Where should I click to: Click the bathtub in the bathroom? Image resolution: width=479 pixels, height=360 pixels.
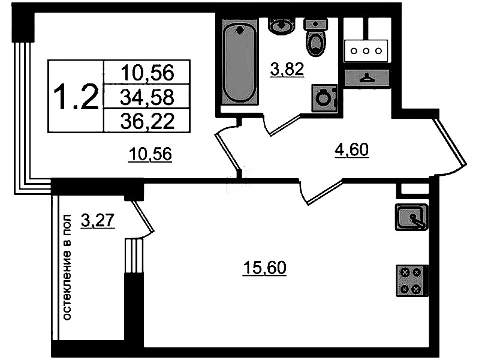[239, 64]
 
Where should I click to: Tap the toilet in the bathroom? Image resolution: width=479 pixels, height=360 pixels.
[316, 37]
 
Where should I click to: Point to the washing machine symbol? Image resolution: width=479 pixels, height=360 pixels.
[324, 98]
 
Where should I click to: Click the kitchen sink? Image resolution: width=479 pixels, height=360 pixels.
[411, 217]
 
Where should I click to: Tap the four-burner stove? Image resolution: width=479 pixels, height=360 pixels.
[412, 281]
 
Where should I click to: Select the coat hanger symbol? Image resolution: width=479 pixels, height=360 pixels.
[367, 77]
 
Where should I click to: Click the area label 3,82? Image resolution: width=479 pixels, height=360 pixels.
[287, 69]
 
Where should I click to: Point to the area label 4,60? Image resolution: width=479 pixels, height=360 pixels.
[352, 150]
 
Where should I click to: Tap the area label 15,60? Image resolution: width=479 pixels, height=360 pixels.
[264, 268]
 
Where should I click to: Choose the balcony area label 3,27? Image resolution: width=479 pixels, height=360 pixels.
[98, 220]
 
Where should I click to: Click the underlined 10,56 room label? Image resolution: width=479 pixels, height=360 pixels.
[150, 154]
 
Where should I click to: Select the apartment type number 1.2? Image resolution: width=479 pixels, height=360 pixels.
[76, 97]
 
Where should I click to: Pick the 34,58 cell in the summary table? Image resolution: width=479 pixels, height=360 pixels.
[147, 97]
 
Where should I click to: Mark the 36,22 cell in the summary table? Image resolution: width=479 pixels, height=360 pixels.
[147, 121]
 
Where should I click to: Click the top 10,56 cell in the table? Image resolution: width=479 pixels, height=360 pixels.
[147, 73]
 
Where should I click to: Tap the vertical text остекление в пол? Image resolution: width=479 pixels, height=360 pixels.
[67, 268]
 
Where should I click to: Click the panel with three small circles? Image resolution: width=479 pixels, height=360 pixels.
[366, 51]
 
